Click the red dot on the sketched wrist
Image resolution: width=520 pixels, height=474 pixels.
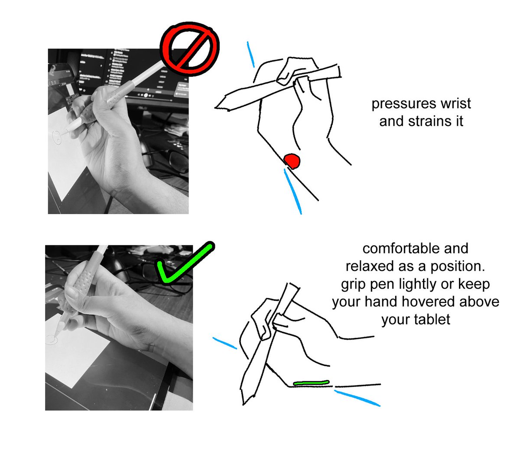point(292,161)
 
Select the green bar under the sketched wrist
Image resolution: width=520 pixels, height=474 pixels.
point(311,383)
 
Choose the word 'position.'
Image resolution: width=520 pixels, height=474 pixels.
point(458,267)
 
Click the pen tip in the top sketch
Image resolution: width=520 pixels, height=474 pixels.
point(216,107)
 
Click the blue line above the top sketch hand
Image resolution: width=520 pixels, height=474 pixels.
point(250,54)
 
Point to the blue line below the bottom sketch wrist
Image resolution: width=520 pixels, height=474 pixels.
point(357,398)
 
